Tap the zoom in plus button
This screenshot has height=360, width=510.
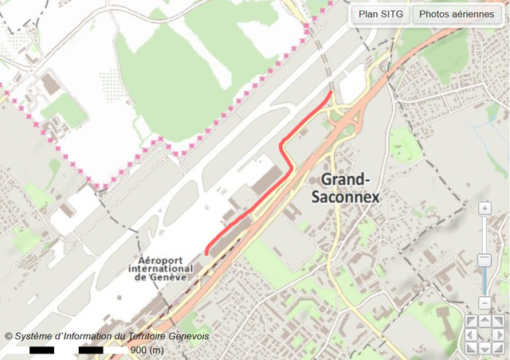point(484,209)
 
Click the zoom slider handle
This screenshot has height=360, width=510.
point(484,260)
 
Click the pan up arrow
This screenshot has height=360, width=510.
point(484,321)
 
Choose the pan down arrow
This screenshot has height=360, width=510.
point(484,349)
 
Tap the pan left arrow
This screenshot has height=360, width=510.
point(470,335)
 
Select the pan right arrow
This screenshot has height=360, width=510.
point(498,335)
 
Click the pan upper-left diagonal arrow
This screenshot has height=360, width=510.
point(470,321)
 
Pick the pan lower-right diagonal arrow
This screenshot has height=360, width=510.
point(498,349)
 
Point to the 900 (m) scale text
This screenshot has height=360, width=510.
point(147,350)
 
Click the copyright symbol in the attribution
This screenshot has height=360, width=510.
point(9,337)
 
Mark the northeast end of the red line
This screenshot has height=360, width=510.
point(330,93)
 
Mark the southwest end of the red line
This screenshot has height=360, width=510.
point(207,253)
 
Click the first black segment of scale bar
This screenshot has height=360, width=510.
point(41,350)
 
